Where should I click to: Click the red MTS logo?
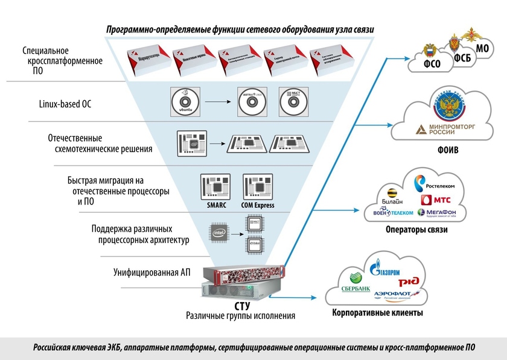click(x=435, y=198)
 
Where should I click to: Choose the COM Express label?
click(x=258, y=206)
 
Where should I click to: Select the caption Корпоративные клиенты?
click(x=378, y=313)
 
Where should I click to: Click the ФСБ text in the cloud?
click(x=462, y=58)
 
